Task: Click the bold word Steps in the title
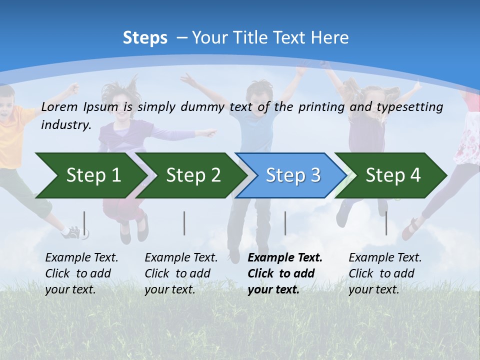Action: point(145,38)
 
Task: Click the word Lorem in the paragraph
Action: point(60,106)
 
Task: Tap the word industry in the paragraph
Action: point(65,125)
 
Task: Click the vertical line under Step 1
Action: point(84,223)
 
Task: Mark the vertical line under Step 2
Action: point(184,223)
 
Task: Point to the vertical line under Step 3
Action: point(285,223)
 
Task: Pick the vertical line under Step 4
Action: point(386,223)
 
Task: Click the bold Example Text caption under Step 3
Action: point(285,273)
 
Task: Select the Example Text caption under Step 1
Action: point(81,273)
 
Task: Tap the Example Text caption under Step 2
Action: point(181,273)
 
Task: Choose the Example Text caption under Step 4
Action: point(385,273)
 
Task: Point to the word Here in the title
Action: point(329,38)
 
